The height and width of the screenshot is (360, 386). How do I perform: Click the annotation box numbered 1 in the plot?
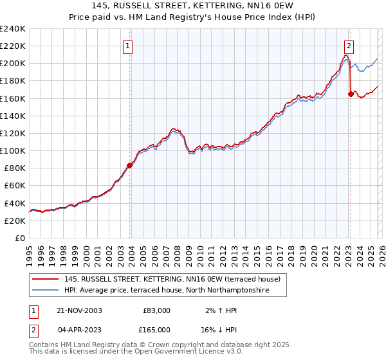129,46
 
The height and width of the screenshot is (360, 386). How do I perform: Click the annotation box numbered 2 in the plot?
349,46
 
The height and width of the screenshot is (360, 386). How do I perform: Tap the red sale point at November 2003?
130,165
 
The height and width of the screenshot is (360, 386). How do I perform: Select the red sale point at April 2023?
351,94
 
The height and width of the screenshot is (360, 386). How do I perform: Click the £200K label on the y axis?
12,64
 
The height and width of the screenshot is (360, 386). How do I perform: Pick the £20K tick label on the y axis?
14,221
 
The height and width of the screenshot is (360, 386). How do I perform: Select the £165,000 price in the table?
155,330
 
